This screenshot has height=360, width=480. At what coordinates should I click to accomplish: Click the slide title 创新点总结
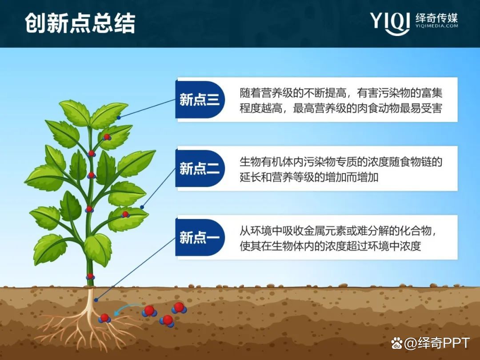coord(80,24)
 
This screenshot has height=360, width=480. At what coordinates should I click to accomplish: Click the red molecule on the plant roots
coord(104,318)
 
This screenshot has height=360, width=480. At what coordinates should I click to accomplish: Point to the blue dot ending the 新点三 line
coord(119,118)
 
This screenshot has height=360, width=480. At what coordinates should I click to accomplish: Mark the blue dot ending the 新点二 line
coord(142,207)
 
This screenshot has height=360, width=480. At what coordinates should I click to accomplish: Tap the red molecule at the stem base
coord(90,276)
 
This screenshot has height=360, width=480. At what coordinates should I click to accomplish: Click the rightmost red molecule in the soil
coord(179,307)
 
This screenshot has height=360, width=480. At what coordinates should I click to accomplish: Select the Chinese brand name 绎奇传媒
coord(436,18)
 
